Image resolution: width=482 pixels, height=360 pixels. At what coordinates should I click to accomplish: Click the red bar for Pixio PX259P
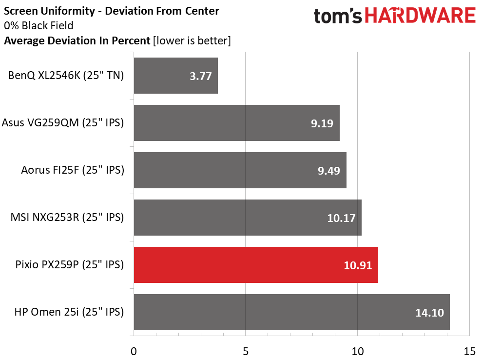(x=256, y=265)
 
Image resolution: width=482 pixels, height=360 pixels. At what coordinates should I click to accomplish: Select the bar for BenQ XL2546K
(x=175, y=76)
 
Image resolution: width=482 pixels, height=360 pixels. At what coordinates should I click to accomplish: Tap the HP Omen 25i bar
(x=291, y=312)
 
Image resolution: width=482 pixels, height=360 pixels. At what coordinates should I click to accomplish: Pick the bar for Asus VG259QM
(x=236, y=123)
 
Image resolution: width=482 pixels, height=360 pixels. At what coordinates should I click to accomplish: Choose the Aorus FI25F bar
(x=240, y=170)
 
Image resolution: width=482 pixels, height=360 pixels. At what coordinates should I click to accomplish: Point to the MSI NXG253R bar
(x=248, y=218)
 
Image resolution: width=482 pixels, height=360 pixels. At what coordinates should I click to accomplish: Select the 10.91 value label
(x=359, y=265)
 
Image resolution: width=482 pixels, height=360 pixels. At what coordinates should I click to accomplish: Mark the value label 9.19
(x=322, y=123)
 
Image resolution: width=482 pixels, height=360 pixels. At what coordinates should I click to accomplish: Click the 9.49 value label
(x=328, y=171)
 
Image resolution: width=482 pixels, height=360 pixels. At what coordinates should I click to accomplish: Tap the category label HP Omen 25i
(x=70, y=312)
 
